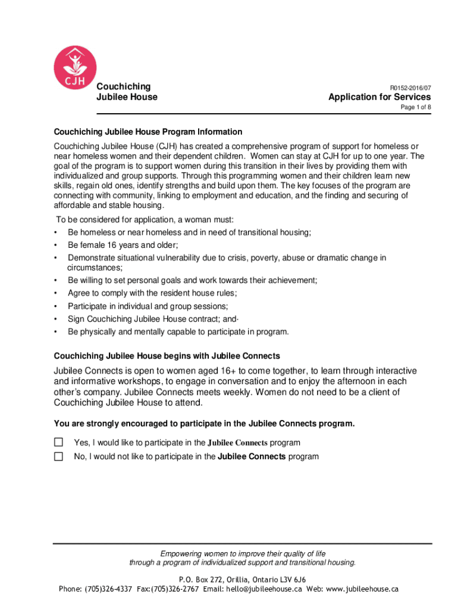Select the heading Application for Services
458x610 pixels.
point(379,97)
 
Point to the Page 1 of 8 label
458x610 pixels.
point(415,108)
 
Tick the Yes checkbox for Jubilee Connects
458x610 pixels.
point(58,442)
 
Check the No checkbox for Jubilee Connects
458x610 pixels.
point(58,456)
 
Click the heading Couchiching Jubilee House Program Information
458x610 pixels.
point(148,132)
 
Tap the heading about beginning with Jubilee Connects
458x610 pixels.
point(167,356)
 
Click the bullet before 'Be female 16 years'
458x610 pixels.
point(56,245)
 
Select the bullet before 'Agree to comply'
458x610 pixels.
point(56,293)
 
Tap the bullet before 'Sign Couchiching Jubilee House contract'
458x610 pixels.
point(56,319)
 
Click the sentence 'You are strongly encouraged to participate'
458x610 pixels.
point(204,424)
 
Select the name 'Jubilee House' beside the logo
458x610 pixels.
point(127,97)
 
